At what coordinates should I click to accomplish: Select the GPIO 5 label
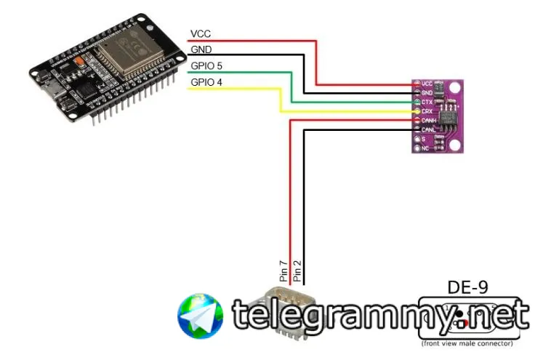206,66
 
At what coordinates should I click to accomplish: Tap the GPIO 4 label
206,82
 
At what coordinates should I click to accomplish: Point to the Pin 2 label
297,271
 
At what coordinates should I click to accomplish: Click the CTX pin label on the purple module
427,102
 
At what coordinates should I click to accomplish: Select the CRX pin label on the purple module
427,111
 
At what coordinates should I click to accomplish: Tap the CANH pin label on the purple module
429,120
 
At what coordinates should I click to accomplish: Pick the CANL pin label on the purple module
429,129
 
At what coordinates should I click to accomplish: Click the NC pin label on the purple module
426,147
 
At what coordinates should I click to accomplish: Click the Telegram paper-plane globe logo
200,316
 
